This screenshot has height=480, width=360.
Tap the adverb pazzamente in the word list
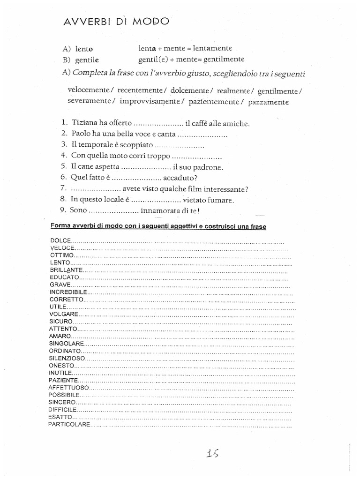269,101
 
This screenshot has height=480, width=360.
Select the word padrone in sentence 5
207,166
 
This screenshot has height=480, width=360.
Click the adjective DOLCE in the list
58,240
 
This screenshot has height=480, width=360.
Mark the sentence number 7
63,188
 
